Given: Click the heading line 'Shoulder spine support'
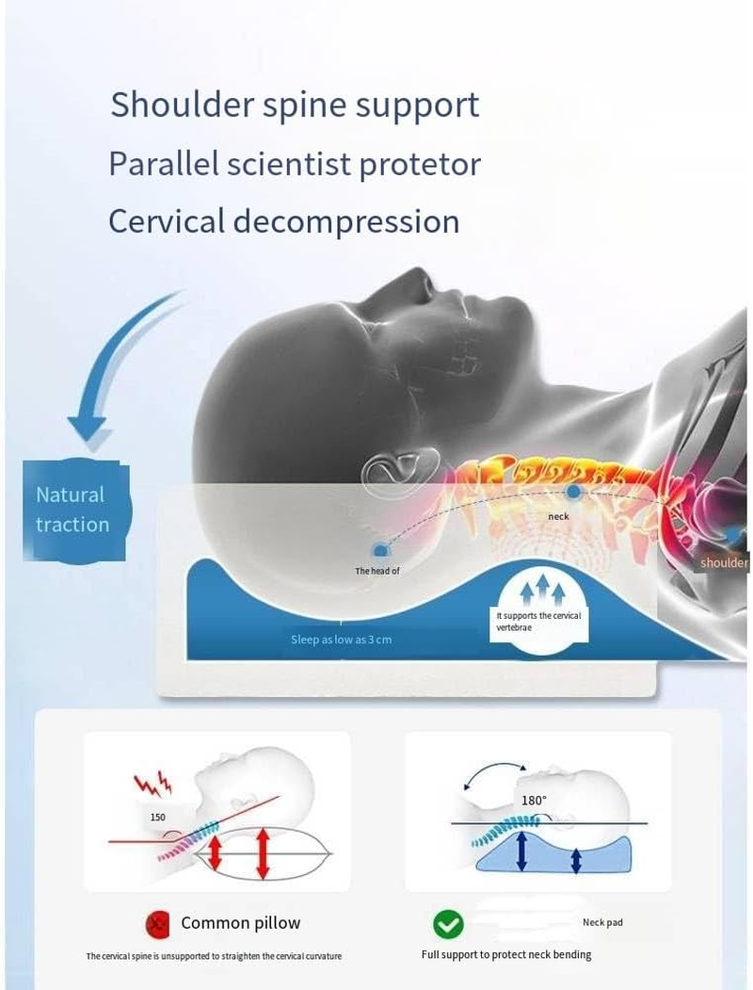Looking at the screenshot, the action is (295, 105).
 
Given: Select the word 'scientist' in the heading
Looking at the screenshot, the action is (289, 164).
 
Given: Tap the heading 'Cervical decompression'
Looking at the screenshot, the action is (284, 221).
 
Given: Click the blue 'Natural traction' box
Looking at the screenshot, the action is (75, 511).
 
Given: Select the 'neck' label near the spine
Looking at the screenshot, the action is (558, 516).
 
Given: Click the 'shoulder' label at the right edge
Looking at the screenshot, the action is (724, 562).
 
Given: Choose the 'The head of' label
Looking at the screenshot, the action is (377, 571).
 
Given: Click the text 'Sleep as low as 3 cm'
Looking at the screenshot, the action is (341, 640).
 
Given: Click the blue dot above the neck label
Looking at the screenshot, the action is (572, 492).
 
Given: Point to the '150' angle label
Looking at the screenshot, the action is (158, 817).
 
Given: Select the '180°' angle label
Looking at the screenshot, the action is (534, 801).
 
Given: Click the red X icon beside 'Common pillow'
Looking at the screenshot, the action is (158, 924).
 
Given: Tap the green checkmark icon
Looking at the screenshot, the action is (448, 925).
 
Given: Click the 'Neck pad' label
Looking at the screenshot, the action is (602, 922).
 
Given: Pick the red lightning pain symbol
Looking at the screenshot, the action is (152, 784).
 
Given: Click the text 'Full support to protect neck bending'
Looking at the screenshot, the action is (506, 954).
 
